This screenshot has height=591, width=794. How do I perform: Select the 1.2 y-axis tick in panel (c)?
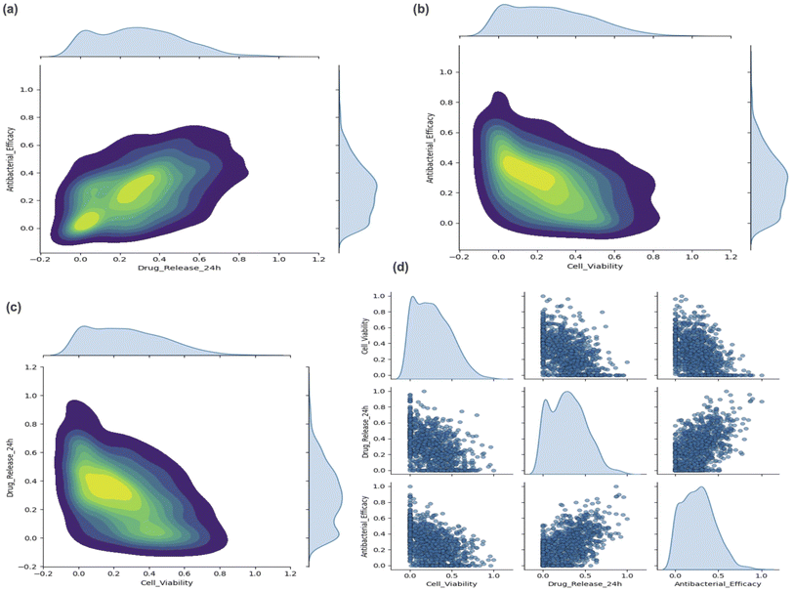point(32,367)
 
